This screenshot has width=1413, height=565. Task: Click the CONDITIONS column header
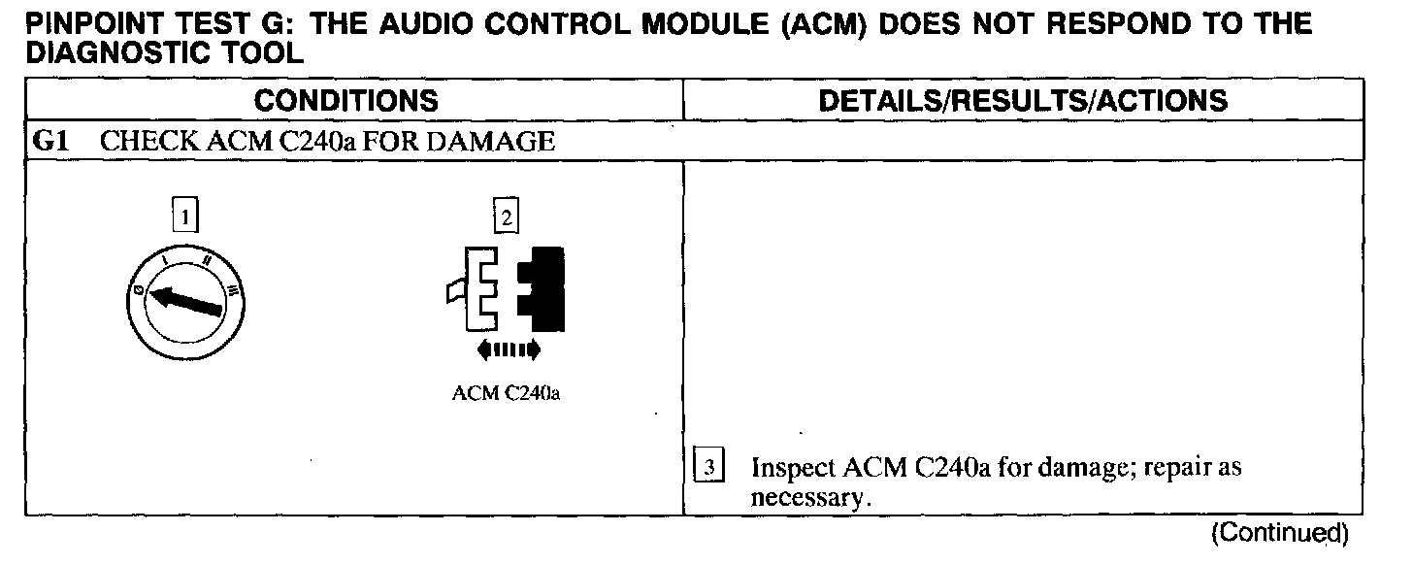tap(345, 101)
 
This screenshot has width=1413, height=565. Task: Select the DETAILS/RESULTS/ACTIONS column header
tap(1023, 101)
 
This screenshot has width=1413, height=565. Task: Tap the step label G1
tap(49, 142)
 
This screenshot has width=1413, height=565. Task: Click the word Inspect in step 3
tap(794, 469)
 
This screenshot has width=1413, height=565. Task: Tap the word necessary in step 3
tap(810, 498)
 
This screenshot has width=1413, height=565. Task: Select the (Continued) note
tap(1279, 533)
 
